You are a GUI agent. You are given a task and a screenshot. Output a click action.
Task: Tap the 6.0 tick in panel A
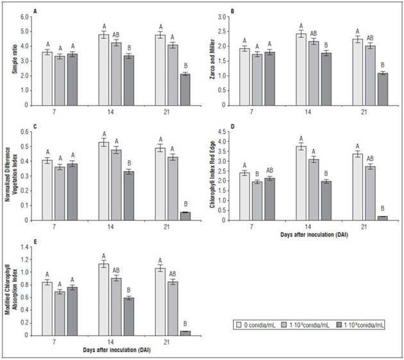pos(26,15)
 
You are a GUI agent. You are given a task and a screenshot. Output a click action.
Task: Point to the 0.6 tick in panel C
pos(26,132)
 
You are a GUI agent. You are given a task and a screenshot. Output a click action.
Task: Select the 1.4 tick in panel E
pos(26,247)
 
